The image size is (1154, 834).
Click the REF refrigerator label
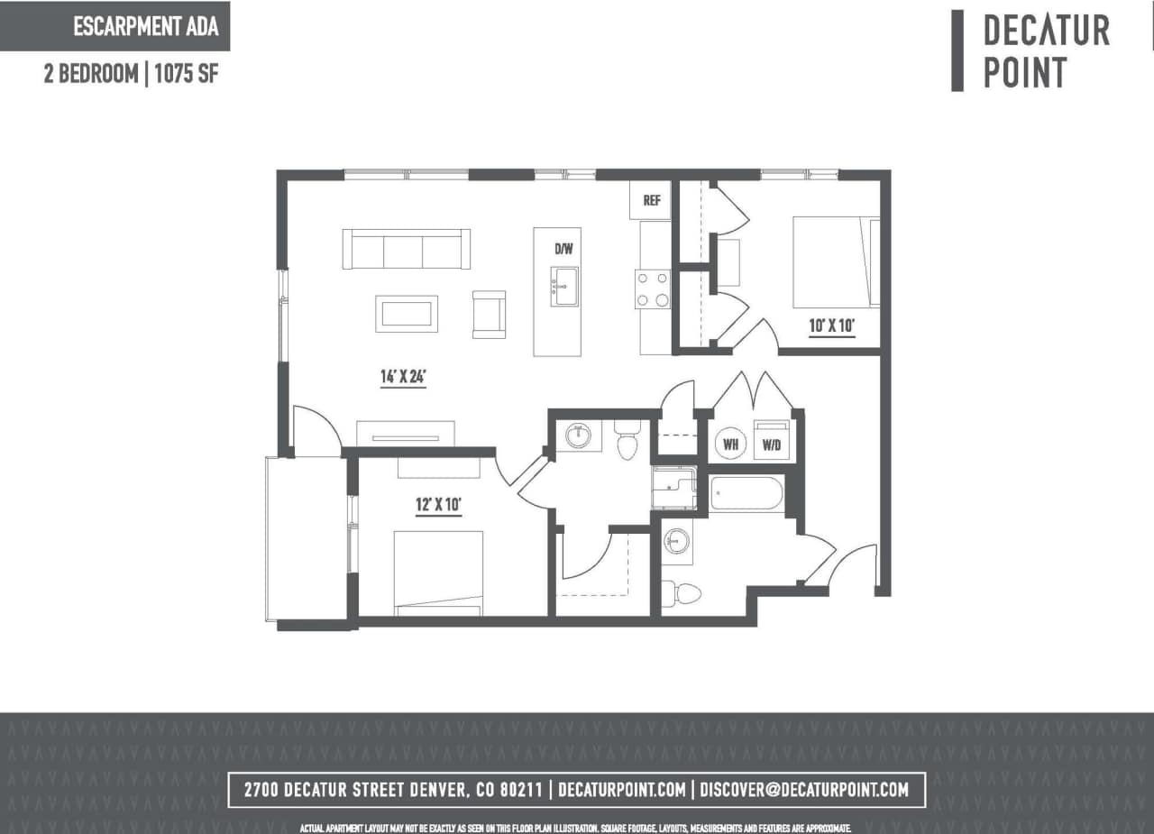pyautogui.click(x=651, y=201)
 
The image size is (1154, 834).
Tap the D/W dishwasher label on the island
pyautogui.click(x=564, y=248)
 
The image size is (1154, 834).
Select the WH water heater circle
pyautogui.click(x=731, y=444)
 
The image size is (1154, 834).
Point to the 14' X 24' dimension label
pyautogui.click(x=402, y=377)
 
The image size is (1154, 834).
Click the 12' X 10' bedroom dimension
pyautogui.click(x=438, y=505)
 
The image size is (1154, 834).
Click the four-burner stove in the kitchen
pyautogui.click(x=654, y=289)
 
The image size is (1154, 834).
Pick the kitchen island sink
pyautogui.click(x=565, y=287)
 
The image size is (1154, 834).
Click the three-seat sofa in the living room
pyautogui.click(x=406, y=249)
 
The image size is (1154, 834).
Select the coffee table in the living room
pyautogui.click(x=407, y=314)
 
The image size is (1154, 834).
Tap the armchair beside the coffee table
pyautogui.click(x=490, y=314)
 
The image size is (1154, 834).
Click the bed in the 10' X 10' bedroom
pyautogui.click(x=835, y=261)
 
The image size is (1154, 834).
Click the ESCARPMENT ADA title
pyautogui.click(x=145, y=26)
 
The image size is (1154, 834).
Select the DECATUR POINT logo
pyautogui.click(x=1046, y=50)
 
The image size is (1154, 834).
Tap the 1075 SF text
pyautogui.click(x=187, y=74)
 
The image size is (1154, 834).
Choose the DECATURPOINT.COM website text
pyautogui.click(x=622, y=790)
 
